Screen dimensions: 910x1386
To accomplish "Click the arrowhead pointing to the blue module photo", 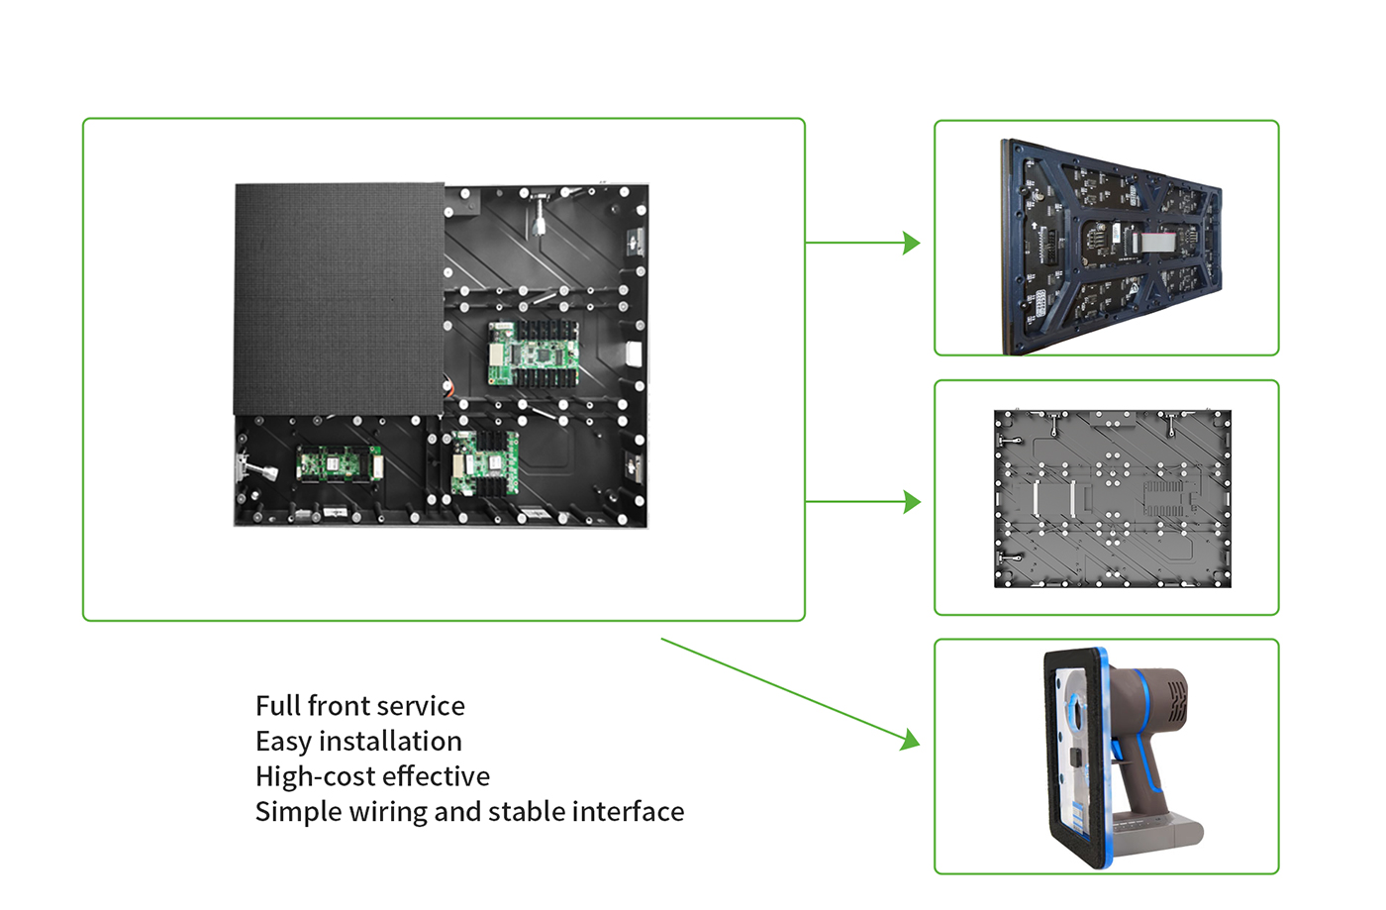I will (912, 243).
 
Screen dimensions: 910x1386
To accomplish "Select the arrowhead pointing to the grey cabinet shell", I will (912, 502).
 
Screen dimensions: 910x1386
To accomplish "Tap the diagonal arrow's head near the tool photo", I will (910, 740).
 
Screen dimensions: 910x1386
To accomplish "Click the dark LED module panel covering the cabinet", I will (339, 297).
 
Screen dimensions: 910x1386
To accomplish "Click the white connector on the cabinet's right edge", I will (635, 354).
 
